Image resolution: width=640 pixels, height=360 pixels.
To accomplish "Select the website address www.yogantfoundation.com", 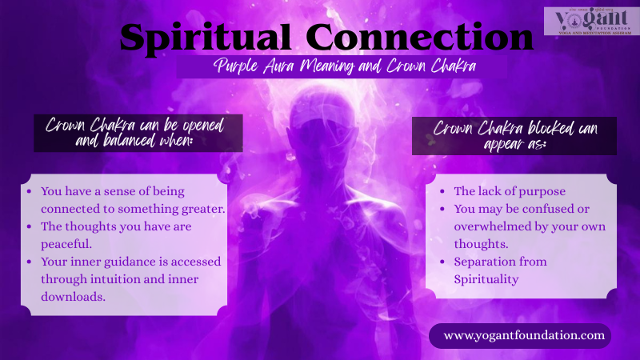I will pos(524,335).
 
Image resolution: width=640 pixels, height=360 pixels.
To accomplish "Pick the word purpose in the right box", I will pos(543,191).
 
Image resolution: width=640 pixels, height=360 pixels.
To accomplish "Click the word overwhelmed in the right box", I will pos(494,226).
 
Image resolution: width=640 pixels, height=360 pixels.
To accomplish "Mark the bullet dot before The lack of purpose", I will pos(442,192).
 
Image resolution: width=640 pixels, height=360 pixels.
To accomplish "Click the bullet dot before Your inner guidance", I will pos(30,262).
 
